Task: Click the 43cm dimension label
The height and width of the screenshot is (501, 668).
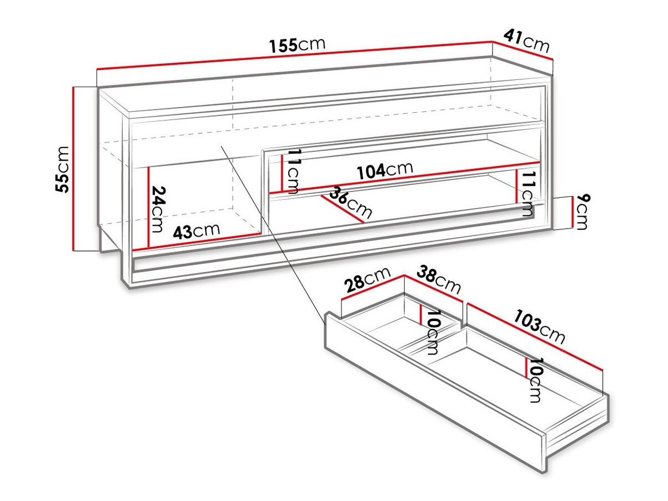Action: (196, 229)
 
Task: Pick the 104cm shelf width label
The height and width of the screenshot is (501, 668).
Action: (385, 170)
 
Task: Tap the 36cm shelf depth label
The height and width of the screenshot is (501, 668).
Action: (351, 203)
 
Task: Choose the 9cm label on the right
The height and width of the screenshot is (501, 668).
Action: (582, 212)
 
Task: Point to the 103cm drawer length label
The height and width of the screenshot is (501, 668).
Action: (539, 328)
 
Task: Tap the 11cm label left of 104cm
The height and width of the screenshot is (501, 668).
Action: (293, 170)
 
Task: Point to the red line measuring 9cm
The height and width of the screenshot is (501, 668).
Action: (572, 212)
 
